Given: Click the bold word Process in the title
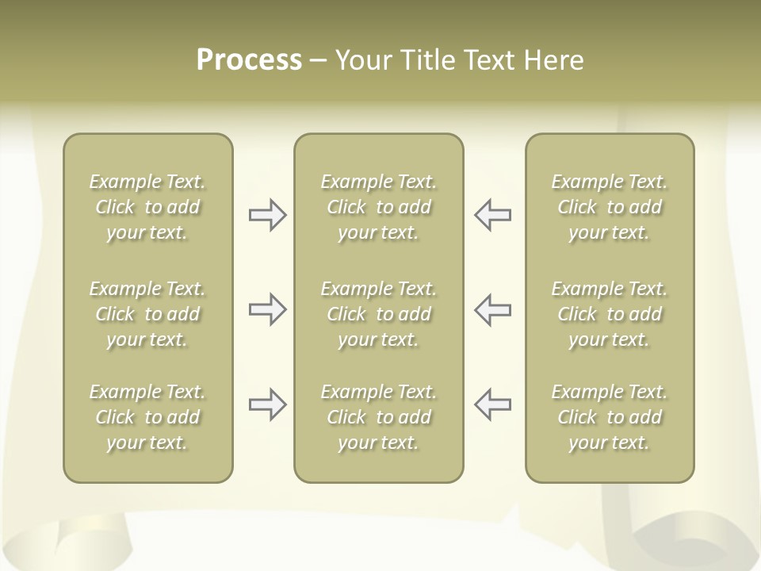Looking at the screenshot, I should coord(249,60).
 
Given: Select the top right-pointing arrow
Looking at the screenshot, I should coord(268,215).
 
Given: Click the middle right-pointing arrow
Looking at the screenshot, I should coord(268,309).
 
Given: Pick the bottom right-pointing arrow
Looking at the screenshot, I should coord(268,404).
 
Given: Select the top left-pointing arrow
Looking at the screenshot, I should coord(492,215).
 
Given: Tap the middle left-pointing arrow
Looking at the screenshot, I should coord(492,309).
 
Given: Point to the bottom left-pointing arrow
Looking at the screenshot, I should coord(492,404).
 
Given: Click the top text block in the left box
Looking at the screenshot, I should coord(147,207).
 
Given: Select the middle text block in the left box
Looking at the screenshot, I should coord(147,314).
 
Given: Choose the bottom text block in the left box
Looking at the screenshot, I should coord(147,417).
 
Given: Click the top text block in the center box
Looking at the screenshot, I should coord(378,207).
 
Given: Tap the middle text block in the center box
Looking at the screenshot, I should coord(378,314).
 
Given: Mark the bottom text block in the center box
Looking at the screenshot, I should coord(378,417).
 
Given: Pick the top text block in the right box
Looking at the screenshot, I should coord(610,207).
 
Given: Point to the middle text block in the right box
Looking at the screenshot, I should coord(610,314).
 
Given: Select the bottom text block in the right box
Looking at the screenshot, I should coord(610,417).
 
